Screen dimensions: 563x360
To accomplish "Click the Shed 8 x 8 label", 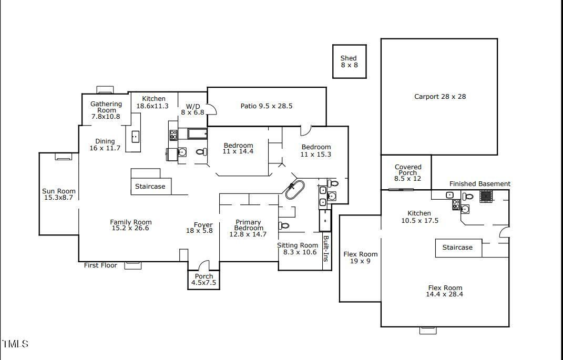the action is pyautogui.click(x=349, y=61).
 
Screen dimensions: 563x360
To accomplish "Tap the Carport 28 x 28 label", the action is pyautogui.click(x=440, y=97).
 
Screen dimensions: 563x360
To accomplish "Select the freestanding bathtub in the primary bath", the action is pyautogui.click(x=295, y=190).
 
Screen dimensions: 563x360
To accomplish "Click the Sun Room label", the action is pyautogui.click(x=58, y=194).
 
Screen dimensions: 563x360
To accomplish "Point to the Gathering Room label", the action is pyautogui.click(x=106, y=110).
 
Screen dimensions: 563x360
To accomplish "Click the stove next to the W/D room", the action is pyautogui.click(x=173, y=135).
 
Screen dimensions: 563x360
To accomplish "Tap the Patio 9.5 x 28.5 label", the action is pyautogui.click(x=267, y=106).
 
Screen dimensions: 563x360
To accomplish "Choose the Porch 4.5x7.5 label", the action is pyautogui.click(x=203, y=279).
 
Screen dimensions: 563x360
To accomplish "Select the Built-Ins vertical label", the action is pyautogui.click(x=326, y=249).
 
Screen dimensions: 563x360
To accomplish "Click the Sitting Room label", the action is pyautogui.click(x=298, y=249).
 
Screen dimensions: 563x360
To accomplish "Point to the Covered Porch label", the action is pyautogui.click(x=408, y=172).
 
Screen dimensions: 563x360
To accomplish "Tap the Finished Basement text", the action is pyautogui.click(x=480, y=184).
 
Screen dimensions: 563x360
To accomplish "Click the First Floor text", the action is pyautogui.click(x=100, y=265).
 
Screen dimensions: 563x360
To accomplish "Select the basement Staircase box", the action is pyautogui.click(x=458, y=248).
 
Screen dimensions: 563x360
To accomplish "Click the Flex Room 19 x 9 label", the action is pyautogui.click(x=360, y=258).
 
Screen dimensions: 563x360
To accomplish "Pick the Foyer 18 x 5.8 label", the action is pyautogui.click(x=200, y=228).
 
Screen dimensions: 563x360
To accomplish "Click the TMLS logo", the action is pyautogui.click(x=15, y=344).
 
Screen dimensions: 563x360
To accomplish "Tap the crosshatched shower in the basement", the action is pyautogui.click(x=486, y=197).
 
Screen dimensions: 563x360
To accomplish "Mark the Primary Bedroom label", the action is pyautogui.click(x=248, y=228).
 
